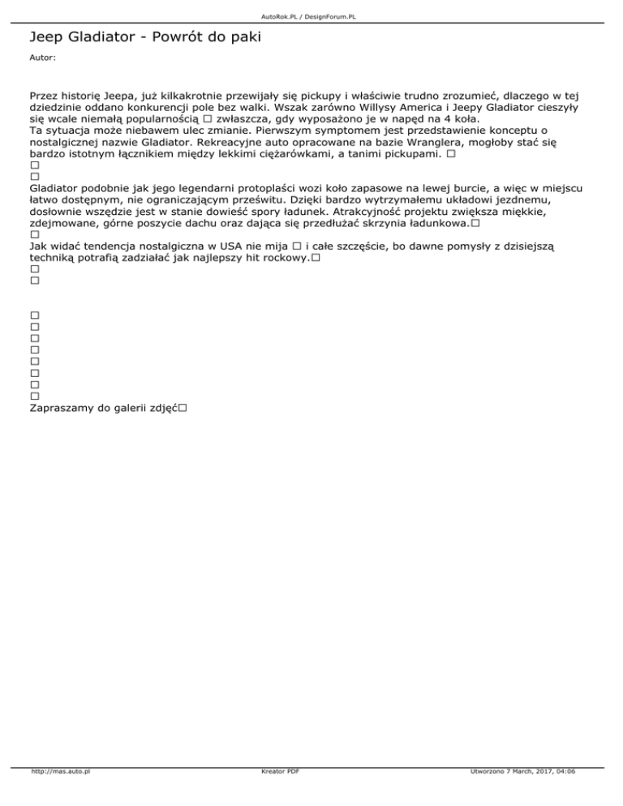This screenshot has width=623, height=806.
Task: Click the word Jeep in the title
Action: tap(45, 37)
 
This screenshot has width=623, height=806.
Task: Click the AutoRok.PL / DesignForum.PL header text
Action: tap(311, 16)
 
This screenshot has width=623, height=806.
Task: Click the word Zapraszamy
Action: tap(62, 409)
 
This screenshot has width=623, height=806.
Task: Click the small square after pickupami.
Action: tap(450, 152)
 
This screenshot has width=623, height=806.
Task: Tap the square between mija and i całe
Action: tap(298, 246)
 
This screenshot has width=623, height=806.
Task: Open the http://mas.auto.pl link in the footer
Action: tap(59, 794)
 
